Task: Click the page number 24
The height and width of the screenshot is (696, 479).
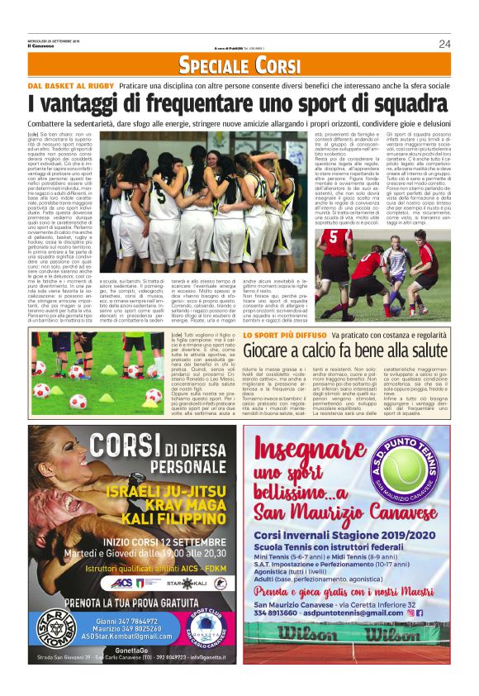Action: [x=444, y=44]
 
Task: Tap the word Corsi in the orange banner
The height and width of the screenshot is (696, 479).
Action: [x=277, y=64]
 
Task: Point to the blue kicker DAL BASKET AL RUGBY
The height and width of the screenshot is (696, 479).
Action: [x=69, y=85]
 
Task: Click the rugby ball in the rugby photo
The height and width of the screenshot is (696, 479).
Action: [x=378, y=265]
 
